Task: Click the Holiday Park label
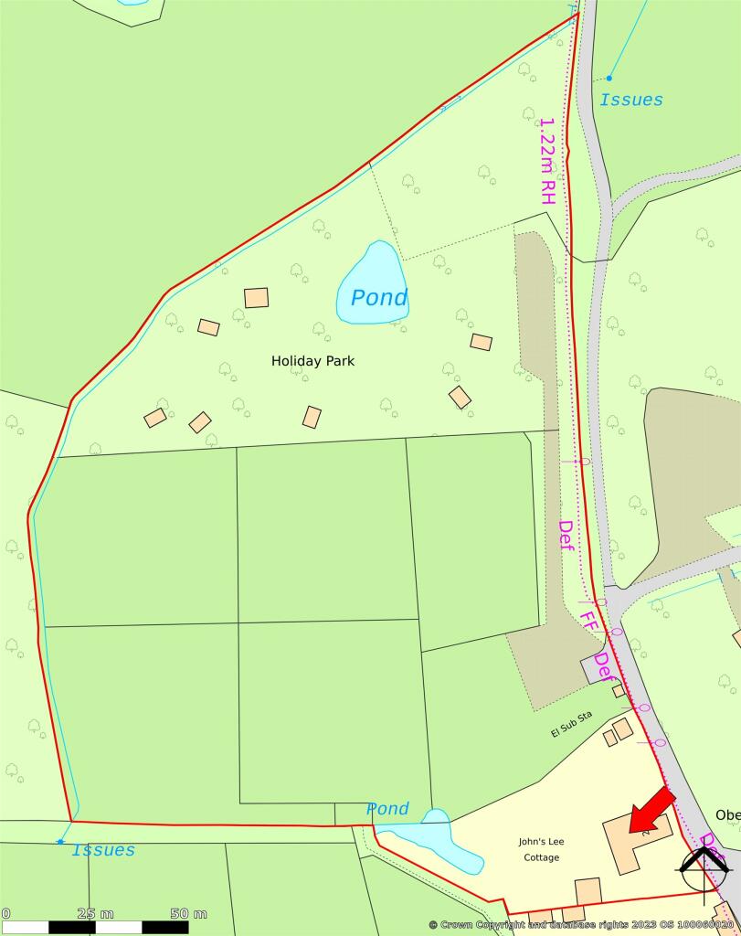[312, 361]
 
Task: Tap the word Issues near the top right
[631, 100]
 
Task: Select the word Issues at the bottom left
[103, 850]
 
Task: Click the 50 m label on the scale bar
[188, 913]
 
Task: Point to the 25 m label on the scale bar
[95, 913]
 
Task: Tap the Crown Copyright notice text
[581, 925]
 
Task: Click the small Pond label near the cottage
[387, 809]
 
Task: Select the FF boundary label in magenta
[589, 622]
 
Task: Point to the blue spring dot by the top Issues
[609, 78]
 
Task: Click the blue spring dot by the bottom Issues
[60, 841]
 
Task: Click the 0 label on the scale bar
[5, 913]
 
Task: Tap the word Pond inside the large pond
[379, 298]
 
